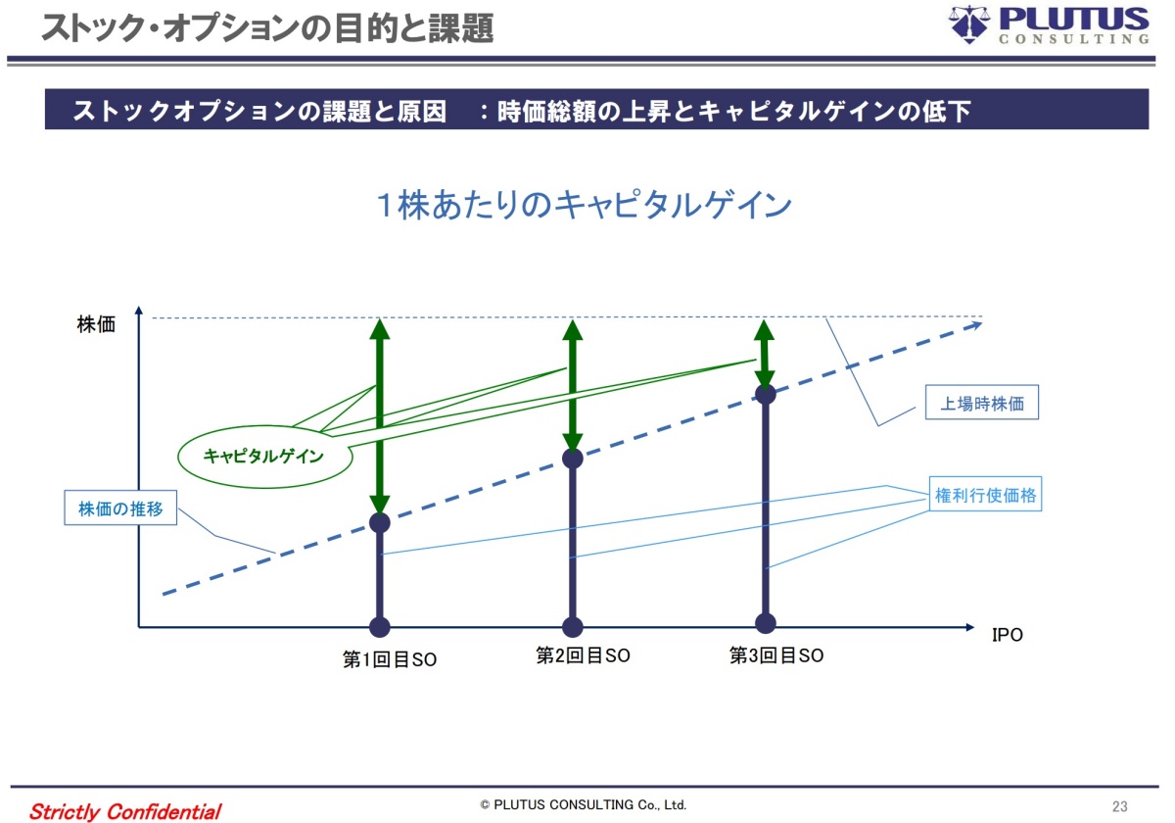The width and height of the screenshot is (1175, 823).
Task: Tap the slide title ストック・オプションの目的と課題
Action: (x=266, y=27)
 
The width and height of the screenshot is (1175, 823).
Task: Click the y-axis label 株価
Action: (x=96, y=324)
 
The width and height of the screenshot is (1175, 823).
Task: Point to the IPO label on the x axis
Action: (x=1007, y=635)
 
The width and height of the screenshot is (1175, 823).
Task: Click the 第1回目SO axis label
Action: (x=390, y=659)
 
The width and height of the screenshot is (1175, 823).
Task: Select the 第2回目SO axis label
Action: (x=583, y=656)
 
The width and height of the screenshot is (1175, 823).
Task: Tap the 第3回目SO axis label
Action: (x=776, y=656)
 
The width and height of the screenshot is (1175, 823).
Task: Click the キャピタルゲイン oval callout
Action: (x=263, y=456)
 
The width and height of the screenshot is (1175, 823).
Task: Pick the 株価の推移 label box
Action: (x=120, y=509)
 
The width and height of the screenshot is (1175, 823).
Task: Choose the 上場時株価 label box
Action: (x=982, y=403)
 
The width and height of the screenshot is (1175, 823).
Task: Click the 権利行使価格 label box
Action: (x=985, y=496)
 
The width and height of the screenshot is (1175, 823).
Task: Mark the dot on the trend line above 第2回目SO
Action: (x=573, y=458)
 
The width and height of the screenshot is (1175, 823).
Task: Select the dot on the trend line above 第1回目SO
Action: (x=380, y=522)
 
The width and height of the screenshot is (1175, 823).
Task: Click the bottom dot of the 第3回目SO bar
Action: (x=766, y=623)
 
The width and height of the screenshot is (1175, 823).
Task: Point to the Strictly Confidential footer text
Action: (x=125, y=811)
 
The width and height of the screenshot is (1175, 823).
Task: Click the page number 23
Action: (x=1120, y=806)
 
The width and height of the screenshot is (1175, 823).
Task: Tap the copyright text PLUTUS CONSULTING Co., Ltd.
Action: (x=584, y=805)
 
